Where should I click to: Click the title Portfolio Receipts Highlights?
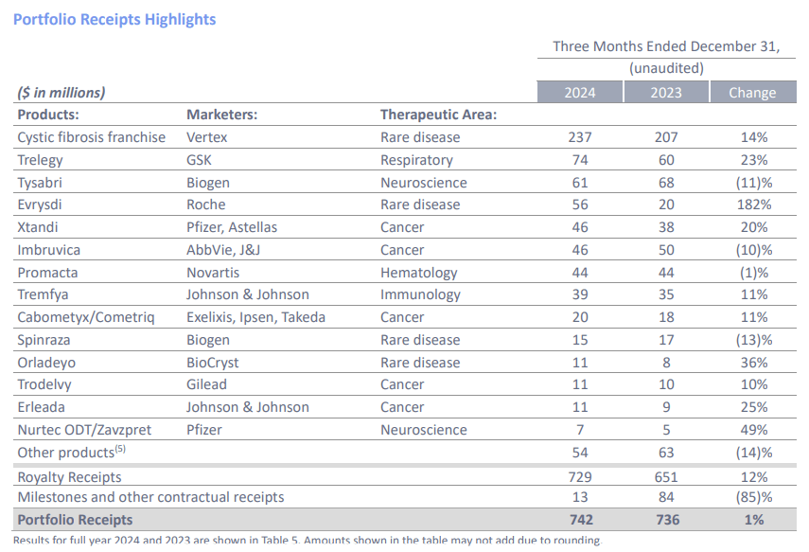point(114,19)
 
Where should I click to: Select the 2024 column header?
point(580,92)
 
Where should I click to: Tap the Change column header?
point(752,92)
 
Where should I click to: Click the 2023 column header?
point(666,92)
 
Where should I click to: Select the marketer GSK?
point(200,160)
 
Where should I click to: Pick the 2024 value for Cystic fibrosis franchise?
point(580,137)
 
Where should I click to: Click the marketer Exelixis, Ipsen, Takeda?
point(255,317)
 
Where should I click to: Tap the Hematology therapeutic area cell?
point(418,273)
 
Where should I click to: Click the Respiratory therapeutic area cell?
point(416,160)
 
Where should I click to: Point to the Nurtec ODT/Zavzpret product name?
point(84,430)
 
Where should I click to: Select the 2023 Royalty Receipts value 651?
point(666,477)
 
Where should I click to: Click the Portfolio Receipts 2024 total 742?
point(580,519)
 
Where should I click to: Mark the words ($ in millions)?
point(62,93)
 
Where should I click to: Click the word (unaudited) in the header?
point(666,68)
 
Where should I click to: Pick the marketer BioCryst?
point(213,363)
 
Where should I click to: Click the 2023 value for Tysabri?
point(666,182)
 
